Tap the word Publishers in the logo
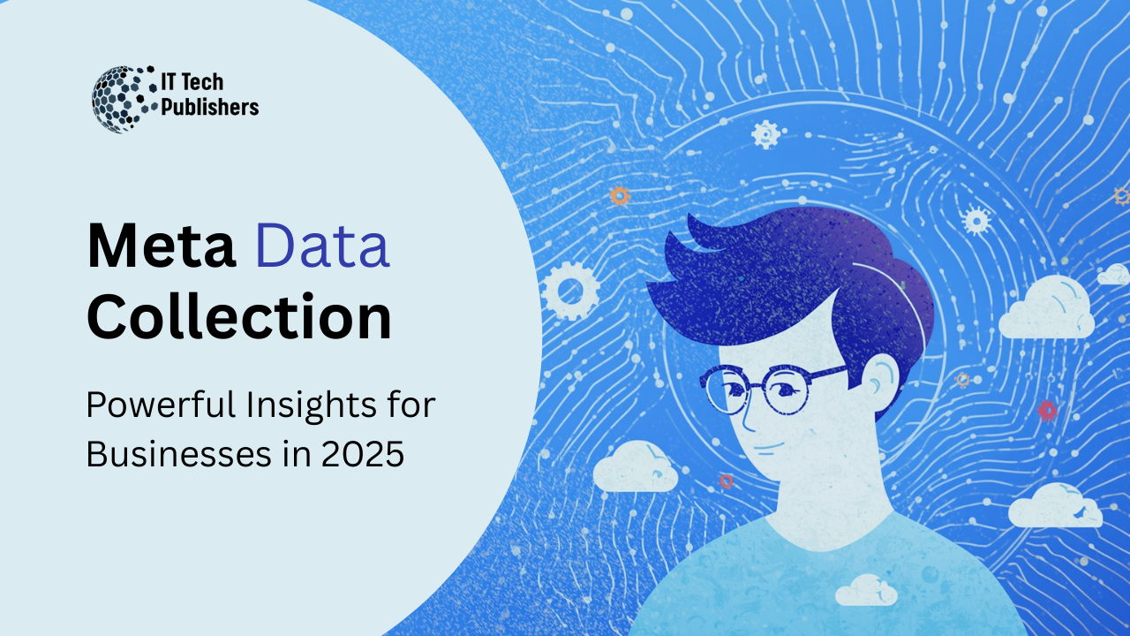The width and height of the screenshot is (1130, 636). pos(210,107)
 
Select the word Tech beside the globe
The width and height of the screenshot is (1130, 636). pos(201,82)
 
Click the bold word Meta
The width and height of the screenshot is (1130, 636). pos(162,246)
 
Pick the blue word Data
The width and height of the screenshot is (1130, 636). pos(322,246)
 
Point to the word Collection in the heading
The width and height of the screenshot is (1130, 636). pos(239,317)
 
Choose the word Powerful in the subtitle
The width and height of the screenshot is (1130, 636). pos(161,405)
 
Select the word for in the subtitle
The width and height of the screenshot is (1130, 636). pos(411,405)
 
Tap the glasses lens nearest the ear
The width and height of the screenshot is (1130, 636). pos(786,390)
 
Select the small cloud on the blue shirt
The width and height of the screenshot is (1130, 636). pos(866,590)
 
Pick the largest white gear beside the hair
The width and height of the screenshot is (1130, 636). pos(571,291)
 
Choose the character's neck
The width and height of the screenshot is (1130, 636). pos(827,504)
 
